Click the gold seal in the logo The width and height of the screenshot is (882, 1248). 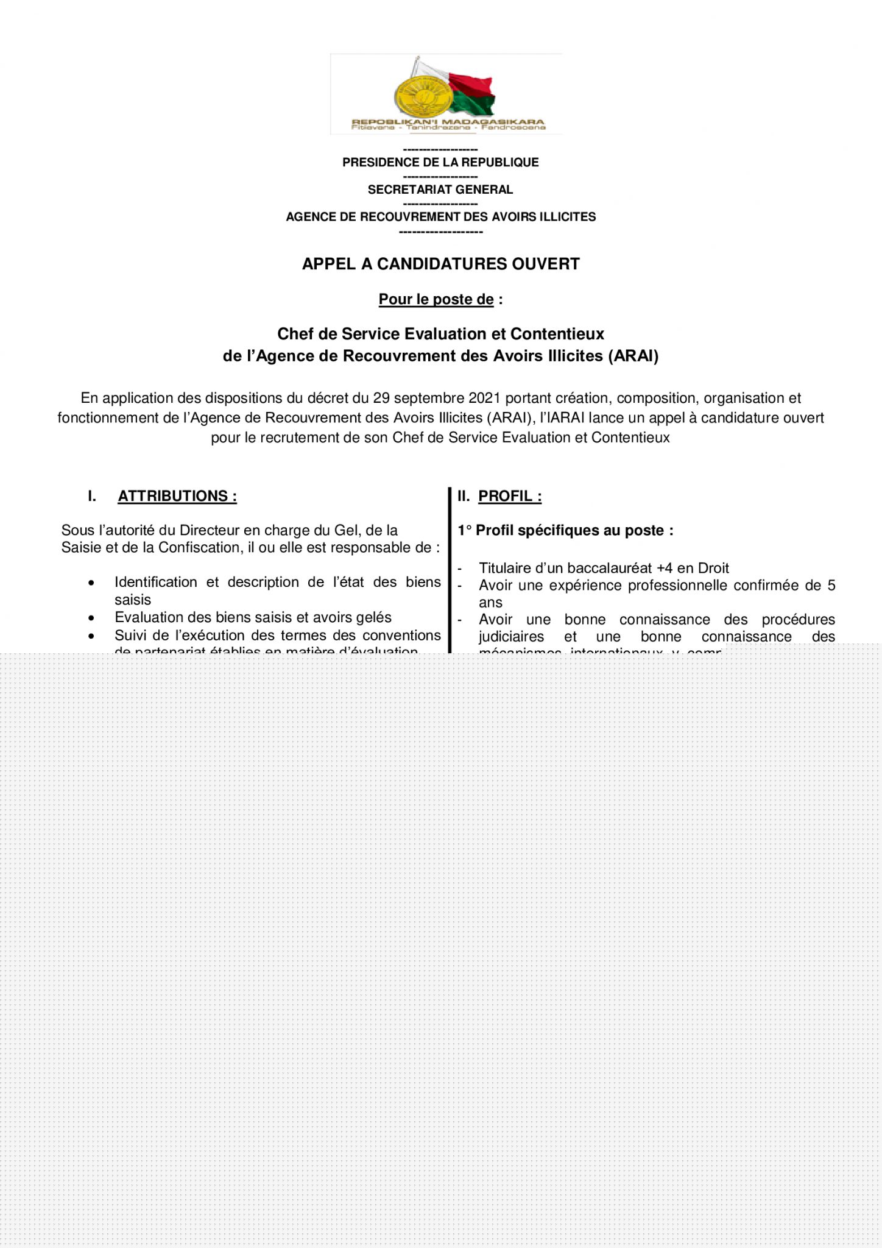click(423, 97)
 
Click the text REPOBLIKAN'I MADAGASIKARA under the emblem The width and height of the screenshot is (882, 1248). click(448, 122)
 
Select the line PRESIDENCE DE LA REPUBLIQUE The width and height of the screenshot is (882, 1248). click(440, 162)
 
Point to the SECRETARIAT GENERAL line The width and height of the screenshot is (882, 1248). click(440, 190)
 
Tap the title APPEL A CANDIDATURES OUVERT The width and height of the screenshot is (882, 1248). click(440, 264)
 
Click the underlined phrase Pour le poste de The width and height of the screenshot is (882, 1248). click(436, 299)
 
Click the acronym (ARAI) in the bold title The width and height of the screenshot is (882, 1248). click(633, 356)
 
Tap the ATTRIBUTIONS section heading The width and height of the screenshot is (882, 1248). click(177, 496)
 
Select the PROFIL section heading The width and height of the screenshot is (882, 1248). click(510, 496)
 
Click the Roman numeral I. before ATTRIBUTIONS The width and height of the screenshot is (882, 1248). click(92, 496)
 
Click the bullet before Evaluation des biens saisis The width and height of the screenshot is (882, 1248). click(91, 618)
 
